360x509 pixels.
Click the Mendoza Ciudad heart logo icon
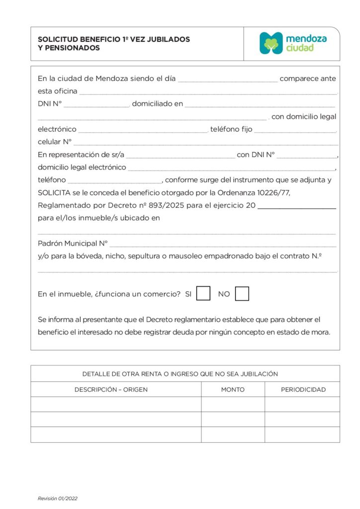271,43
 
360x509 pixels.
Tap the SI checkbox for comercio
203,294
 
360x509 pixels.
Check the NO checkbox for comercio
242,294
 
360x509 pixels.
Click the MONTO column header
233,389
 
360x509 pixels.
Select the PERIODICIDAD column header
303,389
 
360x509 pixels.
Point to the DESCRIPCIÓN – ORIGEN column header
111,389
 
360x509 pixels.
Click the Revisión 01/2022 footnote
58,498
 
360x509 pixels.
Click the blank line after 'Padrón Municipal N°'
223,245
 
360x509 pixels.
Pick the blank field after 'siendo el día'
228,80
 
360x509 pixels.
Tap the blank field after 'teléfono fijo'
295,130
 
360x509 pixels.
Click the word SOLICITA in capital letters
54,193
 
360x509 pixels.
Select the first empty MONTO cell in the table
233,404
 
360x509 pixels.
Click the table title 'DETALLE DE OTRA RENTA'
180,374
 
